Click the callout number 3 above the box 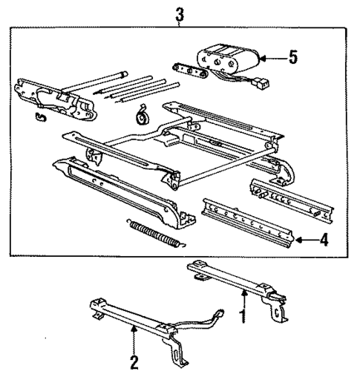click(179, 13)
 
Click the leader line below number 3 click(179, 24)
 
